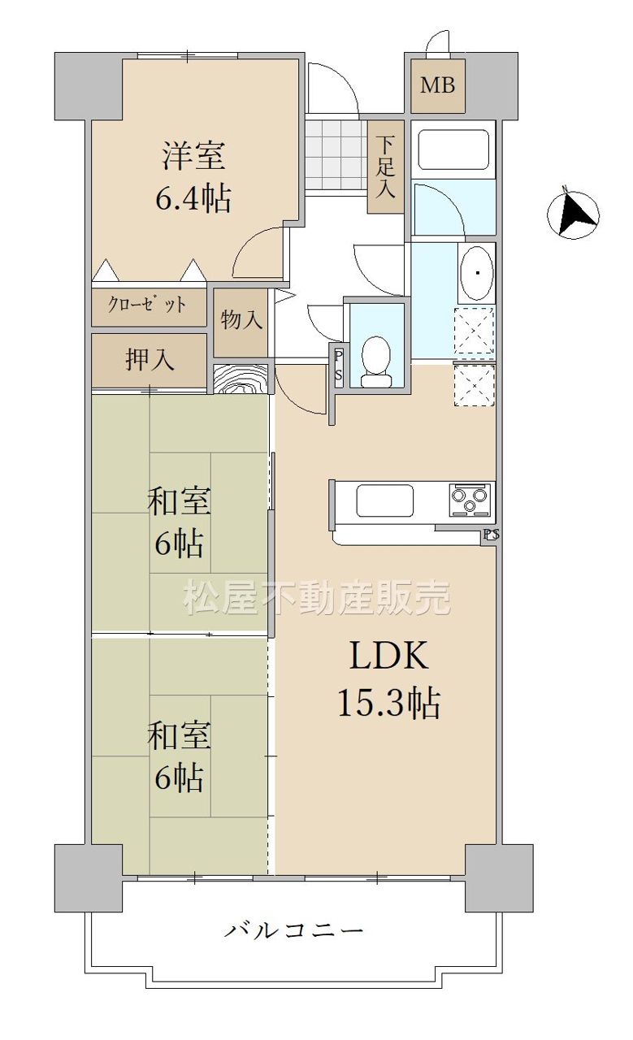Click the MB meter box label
tap(437, 85)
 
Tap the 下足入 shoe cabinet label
tap(385, 167)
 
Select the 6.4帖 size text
tap(193, 199)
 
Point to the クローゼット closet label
tap(147, 305)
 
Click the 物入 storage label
tap(241, 319)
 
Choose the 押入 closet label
tap(150, 359)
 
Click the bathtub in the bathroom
tap(453, 149)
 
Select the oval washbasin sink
tap(476, 272)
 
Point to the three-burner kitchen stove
tap(469, 500)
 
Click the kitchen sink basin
tap(384, 500)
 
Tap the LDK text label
tap(388, 655)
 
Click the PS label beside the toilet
tap(338, 366)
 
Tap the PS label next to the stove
tap(491, 535)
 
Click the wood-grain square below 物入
tap(241, 379)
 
